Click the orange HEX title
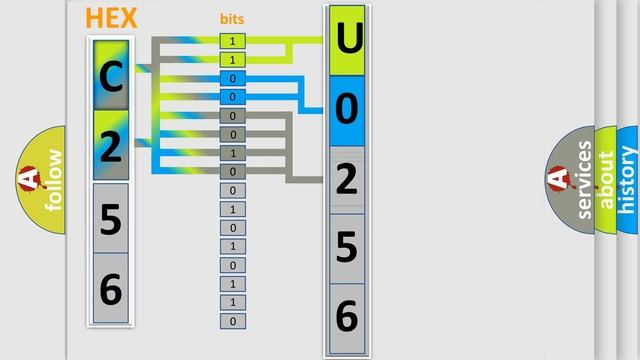pyautogui.click(x=112, y=17)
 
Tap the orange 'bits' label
pyautogui.click(x=232, y=19)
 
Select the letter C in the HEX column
pyautogui.click(x=111, y=76)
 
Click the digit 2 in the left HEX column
pyautogui.click(x=111, y=146)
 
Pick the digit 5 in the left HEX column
pyautogui.click(x=111, y=217)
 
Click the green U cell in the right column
pyautogui.click(x=347, y=40)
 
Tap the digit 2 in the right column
pyautogui.click(x=347, y=179)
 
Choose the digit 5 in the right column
pyautogui.click(x=347, y=248)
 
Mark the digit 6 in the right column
pyautogui.click(x=347, y=316)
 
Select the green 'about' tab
pyautogui.click(x=606, y=180)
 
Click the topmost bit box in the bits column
pyautogui.click(x=233, y=41)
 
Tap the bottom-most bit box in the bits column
pyautogui.click(x=233, y=321)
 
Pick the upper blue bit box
pyautogui.click(x=233, y=78)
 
